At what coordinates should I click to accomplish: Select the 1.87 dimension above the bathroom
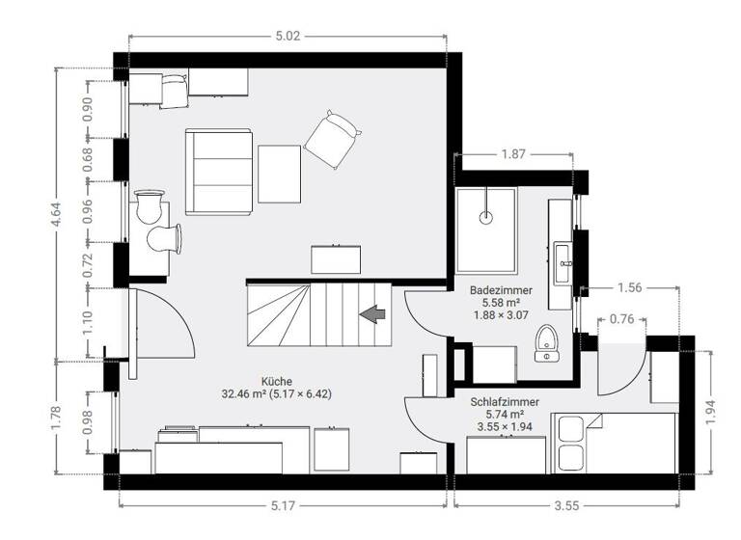click(514, 154)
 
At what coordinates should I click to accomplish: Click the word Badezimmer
click(498, 289)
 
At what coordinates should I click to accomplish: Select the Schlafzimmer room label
click(505, 401)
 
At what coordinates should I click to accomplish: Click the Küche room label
click(276, 380)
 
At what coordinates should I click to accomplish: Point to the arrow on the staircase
click(371, 312)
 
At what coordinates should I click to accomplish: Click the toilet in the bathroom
click(548, 342)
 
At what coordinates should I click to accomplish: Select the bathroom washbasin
click(564, 257)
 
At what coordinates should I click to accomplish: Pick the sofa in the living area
click(220, 173)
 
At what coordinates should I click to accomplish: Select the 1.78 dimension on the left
click(60, 417)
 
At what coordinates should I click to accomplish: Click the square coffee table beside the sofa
click(280, 174)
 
